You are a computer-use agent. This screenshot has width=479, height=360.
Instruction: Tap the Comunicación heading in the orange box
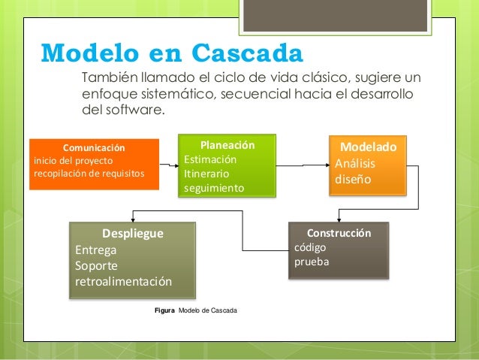tap(94, 147)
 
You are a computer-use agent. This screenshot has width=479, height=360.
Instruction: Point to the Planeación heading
tap(227, 145)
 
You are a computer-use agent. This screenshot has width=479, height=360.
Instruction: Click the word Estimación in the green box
tap(210, 159)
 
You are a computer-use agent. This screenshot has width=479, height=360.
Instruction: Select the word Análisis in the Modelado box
tap(356, 164)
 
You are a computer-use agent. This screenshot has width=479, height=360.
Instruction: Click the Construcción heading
tap(339, 233)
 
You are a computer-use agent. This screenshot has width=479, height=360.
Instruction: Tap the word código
tap(310, 247)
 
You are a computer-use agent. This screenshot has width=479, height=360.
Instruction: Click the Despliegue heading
tap(132, 234)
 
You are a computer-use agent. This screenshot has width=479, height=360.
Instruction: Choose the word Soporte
tap(97, 266)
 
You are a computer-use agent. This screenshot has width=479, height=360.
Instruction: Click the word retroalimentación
tap(124, 282)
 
